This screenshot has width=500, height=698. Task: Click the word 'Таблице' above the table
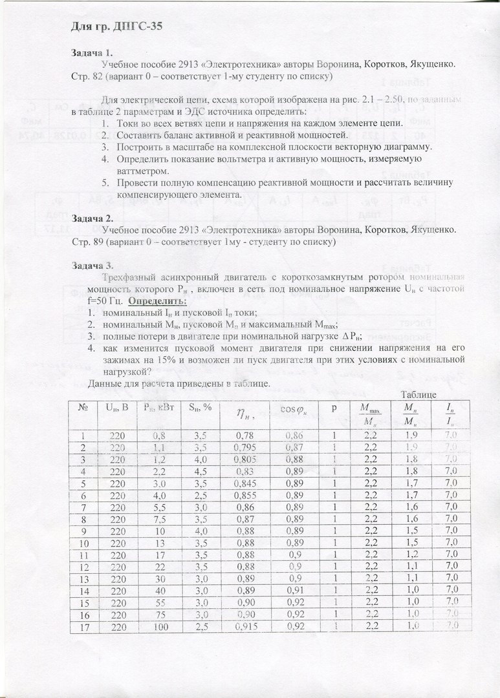click(x=418, y=394)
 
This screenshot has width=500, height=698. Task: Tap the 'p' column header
click(x=334, y=408)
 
